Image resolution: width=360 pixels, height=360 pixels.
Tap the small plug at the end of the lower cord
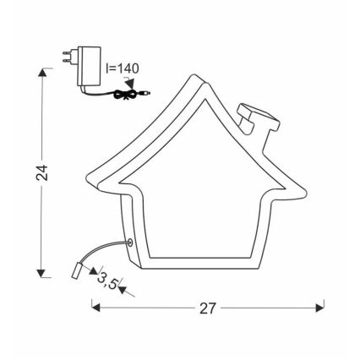coord(77,271)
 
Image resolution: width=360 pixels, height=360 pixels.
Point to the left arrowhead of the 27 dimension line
coord(95,308)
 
